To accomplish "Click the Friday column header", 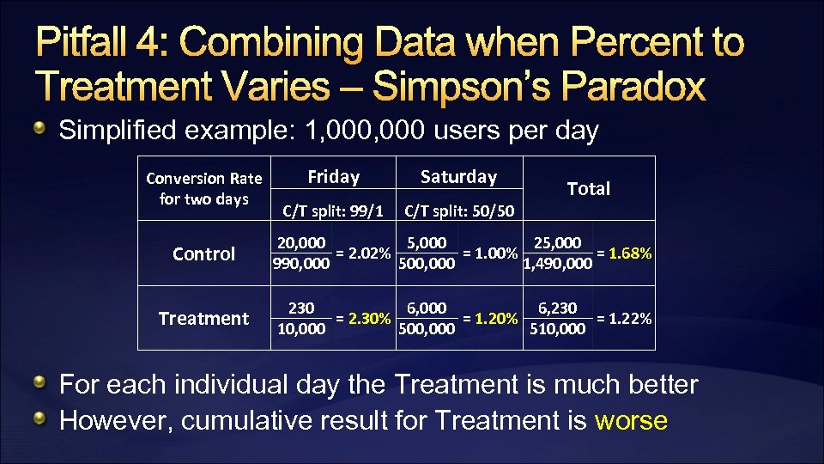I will [333, 177].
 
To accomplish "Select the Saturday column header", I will [458, 177].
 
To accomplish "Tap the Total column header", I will [589, 189].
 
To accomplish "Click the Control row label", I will [203, 253].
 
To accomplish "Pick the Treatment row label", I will [203, 318].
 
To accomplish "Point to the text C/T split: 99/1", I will [333, 210].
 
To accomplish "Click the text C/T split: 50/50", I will [459, 210].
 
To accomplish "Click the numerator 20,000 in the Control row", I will [300, 243].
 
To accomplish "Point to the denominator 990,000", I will [300, 264].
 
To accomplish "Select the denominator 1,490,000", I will [557, 264].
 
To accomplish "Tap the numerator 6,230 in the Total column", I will [557, 308].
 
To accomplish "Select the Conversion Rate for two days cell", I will [203, 188].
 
